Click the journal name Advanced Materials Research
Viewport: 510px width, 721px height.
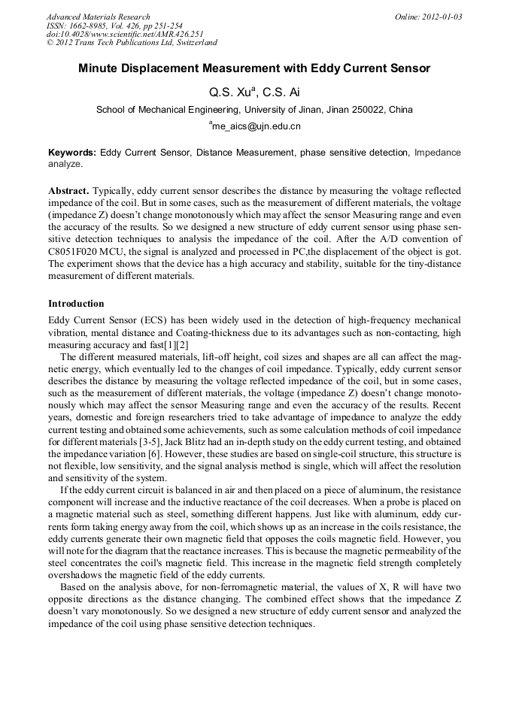click(98, 17)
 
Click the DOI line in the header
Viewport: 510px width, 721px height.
click(125, 35)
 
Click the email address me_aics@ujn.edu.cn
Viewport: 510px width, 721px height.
click(256, 126)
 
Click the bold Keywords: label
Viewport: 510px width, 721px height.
click(72, 153)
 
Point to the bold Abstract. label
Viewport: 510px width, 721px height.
click(68, 192)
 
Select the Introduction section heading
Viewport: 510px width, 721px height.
click(76, 304)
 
